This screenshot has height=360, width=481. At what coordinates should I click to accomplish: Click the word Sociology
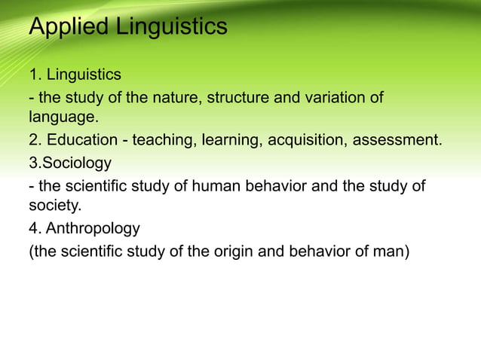click(x=76, y=163)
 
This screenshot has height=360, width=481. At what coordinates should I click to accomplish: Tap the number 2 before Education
click(x=33, y=141)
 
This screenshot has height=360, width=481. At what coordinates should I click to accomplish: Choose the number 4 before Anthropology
click(x=33, y=227)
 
